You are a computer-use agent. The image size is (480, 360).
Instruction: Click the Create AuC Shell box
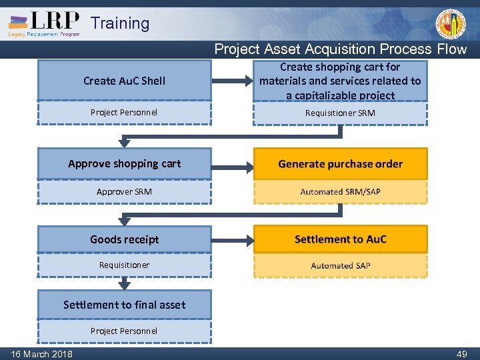point(125,81)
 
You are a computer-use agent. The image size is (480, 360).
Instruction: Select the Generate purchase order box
point(340,164)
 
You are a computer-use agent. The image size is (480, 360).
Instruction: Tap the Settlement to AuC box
point(340,239)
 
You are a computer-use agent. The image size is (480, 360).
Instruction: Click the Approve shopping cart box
point(125,164)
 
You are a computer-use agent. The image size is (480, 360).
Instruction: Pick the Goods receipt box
point(125,239)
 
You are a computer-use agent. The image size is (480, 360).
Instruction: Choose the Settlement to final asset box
point(125,305)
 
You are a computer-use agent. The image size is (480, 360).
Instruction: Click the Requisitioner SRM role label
point(340,113)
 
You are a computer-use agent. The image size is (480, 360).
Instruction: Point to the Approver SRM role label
point(125,192)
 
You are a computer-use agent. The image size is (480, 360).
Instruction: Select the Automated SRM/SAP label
point(340,192)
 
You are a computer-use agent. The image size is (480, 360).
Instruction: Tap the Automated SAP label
point(340,265)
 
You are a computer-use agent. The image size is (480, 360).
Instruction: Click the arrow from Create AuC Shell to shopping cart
point(231,81)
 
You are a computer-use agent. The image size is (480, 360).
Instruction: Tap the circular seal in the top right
point(451,24)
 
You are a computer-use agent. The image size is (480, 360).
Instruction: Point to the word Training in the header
point(120,23)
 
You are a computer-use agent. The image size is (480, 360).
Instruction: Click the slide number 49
point(461,354)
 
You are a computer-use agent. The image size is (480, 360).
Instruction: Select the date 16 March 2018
point(41,354)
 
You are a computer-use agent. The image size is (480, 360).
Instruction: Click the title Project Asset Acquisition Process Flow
point(340,49)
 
